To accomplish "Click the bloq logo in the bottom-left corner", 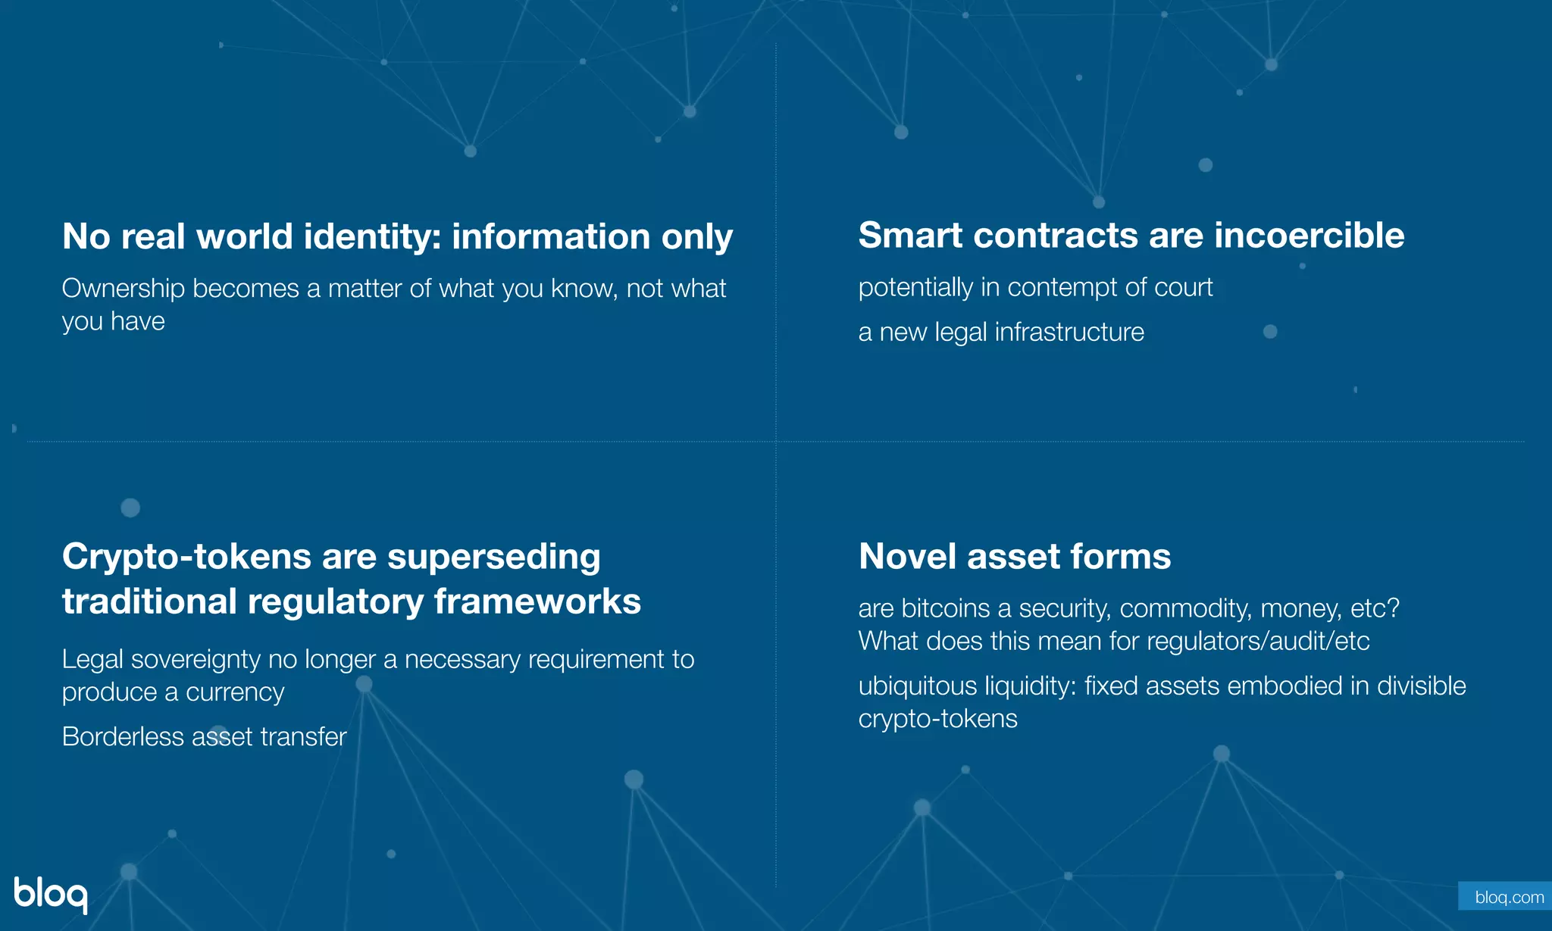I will pos(50,894).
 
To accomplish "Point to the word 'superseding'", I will pos(493,558).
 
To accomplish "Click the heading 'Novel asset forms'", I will pos(1015,557).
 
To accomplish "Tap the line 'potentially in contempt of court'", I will pos(1035,288).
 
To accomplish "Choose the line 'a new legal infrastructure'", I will pos(1001,333).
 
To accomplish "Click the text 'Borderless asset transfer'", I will pos(205,737).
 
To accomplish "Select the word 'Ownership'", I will pos(124,289).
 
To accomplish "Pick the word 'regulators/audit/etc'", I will pos(1258,642).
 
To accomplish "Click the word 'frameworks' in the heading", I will pos(537,602).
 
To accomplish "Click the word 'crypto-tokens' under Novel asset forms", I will pos(937,719).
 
